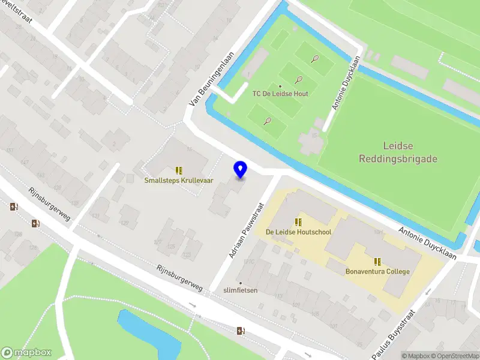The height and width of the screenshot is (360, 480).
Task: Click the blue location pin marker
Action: coord(240,170)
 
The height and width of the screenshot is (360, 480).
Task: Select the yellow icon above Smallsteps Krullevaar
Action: coord(179,170)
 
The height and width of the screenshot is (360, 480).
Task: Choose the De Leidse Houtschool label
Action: coord(298,232)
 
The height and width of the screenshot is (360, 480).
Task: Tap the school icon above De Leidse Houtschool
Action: coord(298,222)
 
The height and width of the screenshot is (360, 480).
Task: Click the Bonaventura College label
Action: coord(377,271)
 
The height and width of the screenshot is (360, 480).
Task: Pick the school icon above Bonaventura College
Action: coord(377,262)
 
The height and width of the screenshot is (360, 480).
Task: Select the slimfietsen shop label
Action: coord(240,290)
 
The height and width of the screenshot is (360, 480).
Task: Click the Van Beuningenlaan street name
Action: coord(202,87)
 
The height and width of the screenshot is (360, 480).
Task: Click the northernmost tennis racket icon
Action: coord(315,59)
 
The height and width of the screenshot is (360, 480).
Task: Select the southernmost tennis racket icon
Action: coord(268,121)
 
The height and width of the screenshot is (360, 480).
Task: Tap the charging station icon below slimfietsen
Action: coord(241,331)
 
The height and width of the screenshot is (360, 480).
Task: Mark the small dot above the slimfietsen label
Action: coord(241,283)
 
